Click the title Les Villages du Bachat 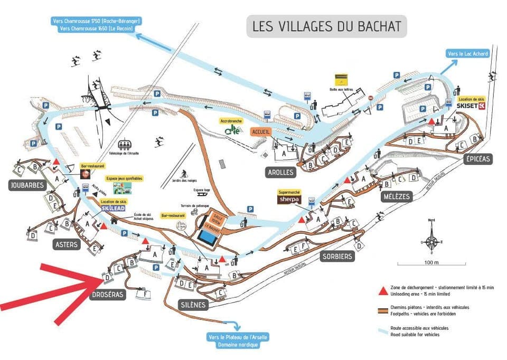(327, 26)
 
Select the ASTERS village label (67, 244)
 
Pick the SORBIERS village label (336, 257)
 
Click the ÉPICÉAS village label (478, 158)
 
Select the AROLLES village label (280, 173)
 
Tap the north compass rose (432, 240)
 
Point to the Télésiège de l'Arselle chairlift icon (125, 143)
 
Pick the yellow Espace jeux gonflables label (124, 178)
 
